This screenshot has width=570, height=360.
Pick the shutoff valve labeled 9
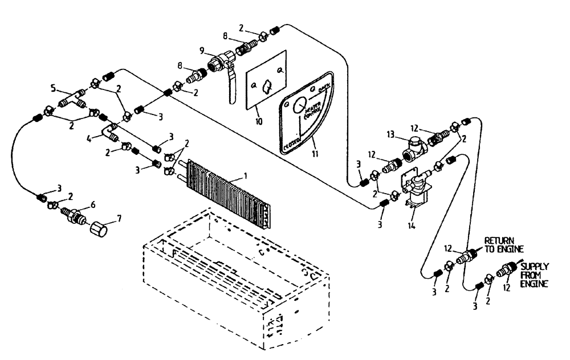[x=222, y=62]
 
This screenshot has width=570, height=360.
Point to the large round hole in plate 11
[x=300, y=104]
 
